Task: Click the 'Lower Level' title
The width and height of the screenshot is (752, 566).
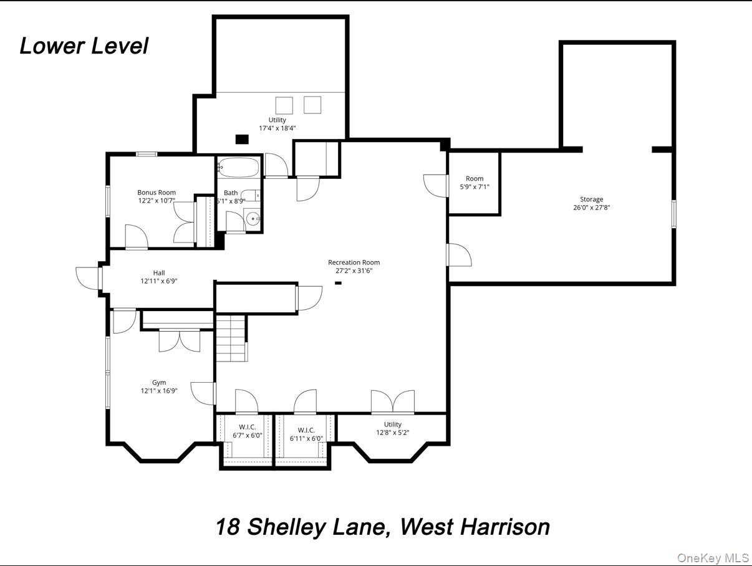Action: coord(84,46)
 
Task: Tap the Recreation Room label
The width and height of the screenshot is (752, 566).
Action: coord(354,262)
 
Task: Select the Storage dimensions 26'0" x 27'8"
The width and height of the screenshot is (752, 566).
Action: coord(591,208)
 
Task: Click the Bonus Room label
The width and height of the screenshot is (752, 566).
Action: coord(157,193)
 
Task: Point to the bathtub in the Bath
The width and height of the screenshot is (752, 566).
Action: coord(238,168)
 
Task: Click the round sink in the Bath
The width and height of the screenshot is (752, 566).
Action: coord(252,219)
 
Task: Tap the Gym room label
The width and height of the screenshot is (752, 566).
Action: coord(159,383)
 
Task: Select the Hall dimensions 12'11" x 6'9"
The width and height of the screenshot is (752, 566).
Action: coord(159,281)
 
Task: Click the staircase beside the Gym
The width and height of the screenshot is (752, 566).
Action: coord(231,338)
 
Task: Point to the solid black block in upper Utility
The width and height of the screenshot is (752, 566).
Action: coord(242,139)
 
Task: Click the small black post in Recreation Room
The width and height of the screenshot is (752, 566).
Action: coord(339,283)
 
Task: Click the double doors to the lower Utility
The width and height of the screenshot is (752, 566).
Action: coord(393,402)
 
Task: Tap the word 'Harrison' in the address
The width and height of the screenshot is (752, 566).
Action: coord(505,527)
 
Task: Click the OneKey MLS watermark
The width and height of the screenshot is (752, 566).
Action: coord(713,557)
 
